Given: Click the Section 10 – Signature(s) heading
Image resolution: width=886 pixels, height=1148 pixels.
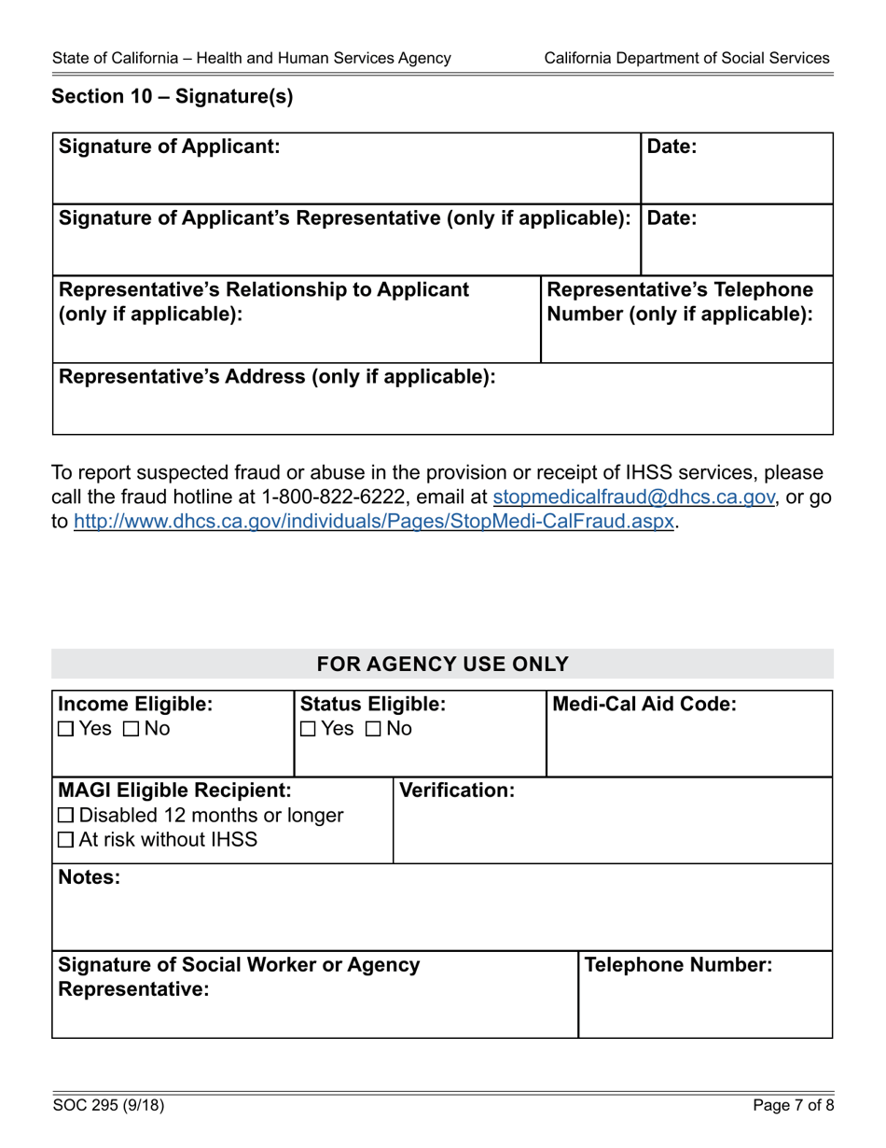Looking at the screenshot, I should (x=172, y=97).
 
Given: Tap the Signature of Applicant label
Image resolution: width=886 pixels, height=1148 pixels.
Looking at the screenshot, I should (x=169, y=147).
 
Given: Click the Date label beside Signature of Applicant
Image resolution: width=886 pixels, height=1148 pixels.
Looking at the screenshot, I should (x=671, y=147).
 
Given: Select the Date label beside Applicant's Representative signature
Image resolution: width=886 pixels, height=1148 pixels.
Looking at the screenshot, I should (x=671, y=218).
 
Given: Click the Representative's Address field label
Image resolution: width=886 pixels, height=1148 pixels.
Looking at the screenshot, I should (x=277, y=377).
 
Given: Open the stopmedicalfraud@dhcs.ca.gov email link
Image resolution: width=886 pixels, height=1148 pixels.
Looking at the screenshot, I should (x=633, y=497).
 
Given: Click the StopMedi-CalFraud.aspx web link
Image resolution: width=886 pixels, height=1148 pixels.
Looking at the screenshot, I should (x=373, y=522).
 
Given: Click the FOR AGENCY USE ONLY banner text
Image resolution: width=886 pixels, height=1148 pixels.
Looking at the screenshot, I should (x=442, y=665).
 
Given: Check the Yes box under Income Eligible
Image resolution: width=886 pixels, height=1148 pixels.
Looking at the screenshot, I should (x=65, y=729).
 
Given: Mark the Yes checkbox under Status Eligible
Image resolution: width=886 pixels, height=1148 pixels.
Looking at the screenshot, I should (x=307, y=729).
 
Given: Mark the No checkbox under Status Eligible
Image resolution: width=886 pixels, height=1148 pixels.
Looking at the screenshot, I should (x=372, y=729).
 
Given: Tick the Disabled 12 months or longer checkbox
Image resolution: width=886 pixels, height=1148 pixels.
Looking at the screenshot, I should (x=65, y=816).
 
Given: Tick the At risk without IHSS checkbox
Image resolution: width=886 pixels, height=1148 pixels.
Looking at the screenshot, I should (x=65, y=840).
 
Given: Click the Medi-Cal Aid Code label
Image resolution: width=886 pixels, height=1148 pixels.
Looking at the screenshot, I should (x=644, y=704).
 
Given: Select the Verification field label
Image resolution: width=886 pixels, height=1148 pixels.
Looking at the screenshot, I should (x=456, y=791).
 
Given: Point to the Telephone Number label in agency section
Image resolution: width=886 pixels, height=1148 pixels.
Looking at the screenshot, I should (x=678, y=965).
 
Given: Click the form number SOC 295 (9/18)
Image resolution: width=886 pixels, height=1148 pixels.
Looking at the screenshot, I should (x=108, y=1106).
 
